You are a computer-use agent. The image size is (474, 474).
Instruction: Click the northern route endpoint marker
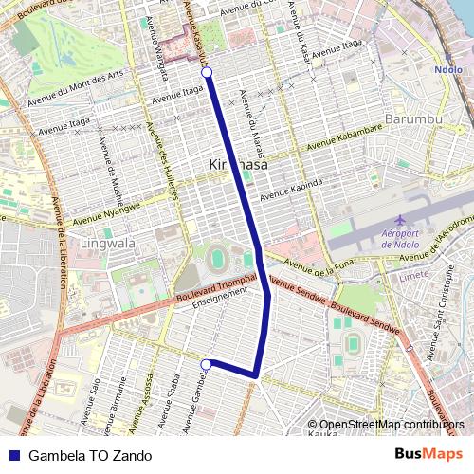coord(207,72)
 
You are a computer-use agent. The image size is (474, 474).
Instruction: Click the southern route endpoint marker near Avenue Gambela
coord(206,363)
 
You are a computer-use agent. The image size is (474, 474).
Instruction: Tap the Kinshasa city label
coord(237,165)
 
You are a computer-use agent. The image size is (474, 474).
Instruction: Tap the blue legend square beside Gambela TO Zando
coord(12,455)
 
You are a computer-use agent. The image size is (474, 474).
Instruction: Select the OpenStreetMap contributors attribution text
coord(392,424)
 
